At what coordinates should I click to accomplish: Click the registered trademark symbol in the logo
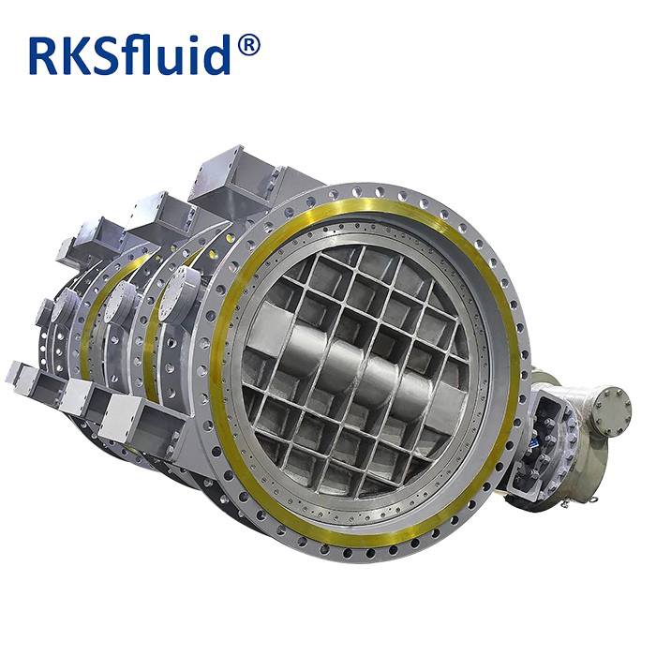click(x=248, y=45)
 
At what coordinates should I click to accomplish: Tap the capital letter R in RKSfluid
click(x=44, y=56)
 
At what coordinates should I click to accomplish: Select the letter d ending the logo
click(x=216, y=54)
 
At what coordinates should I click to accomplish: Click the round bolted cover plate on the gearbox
click(x=612, y=405)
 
